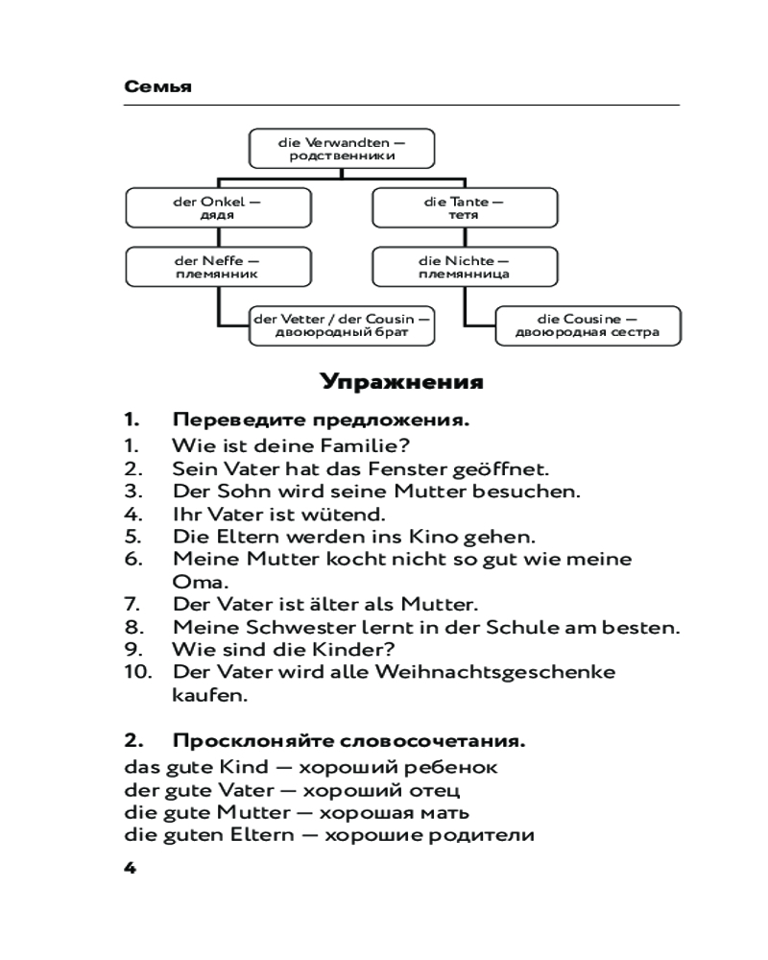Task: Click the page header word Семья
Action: [x=158, y=87]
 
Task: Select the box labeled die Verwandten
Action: [x=342, y=149]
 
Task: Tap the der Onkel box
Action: [x=218, y=208]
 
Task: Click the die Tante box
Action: [x=465, y=208]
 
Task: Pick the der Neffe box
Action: [x=218, y=267]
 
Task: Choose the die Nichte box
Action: [x=465, y=267]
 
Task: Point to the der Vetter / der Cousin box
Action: [x=342, y=325]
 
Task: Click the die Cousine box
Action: [x=588, y=325]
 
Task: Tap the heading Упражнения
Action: [x=402, y=383]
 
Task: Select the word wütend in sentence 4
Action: [x=345, y=514]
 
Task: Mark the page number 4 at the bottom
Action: [x=132, y=868]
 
